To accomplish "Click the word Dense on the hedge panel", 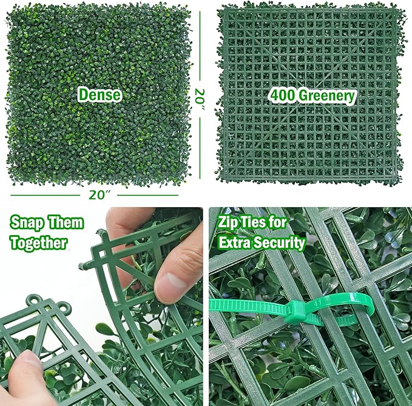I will (x=98, y=95).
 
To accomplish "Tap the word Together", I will (x=39, y=242).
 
